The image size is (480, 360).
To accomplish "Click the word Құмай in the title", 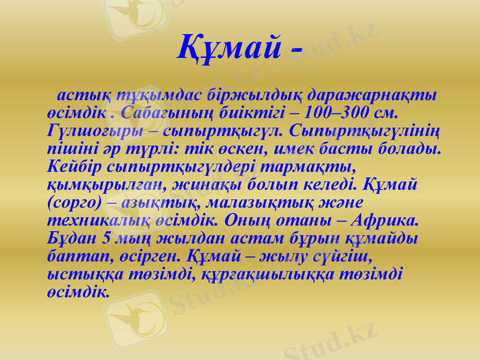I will pos(229,47).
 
